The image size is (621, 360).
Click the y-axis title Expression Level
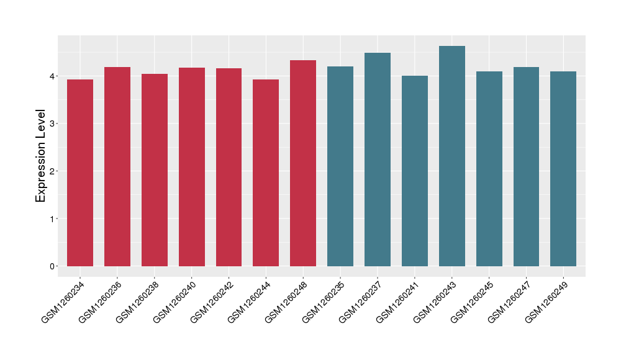click(41, 156)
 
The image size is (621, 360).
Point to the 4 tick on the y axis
click(53, 76)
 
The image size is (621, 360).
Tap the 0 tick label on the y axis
click(53, 266)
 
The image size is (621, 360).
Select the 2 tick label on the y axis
click(53, 171)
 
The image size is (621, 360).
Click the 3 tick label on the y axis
click(53, 124)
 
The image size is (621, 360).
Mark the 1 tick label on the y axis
click(53, 218)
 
